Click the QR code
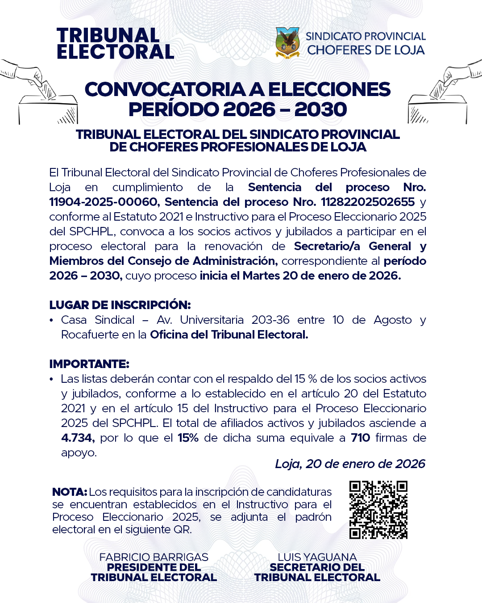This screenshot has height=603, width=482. click(x=378, y=510)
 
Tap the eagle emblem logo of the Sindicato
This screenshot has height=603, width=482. click(x=287, y=43)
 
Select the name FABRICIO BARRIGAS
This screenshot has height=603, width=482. click(x=154, y=557)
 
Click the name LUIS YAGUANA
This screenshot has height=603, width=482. click(x=317, y=557)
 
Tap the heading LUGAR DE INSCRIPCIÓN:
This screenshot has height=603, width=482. click(x=120, y=305)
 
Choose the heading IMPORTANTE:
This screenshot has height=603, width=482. click(x=89, y=364)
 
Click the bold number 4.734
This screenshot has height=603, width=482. click(x=77, y=438)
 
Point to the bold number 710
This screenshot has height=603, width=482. click(x=360, y=438)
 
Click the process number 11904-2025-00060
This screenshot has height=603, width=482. click(x=103, y=202)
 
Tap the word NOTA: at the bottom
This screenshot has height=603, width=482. click(x=69, y=492)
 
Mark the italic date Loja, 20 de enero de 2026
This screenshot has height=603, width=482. click(x=350, y=464)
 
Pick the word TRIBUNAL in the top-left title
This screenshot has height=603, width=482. click(x=108, y=36)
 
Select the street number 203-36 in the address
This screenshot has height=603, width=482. click(x=270, y=320)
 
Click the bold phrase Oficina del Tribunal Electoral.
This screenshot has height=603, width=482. click(x=229, y=335)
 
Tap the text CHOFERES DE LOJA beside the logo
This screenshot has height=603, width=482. click(x=366, y=50)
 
